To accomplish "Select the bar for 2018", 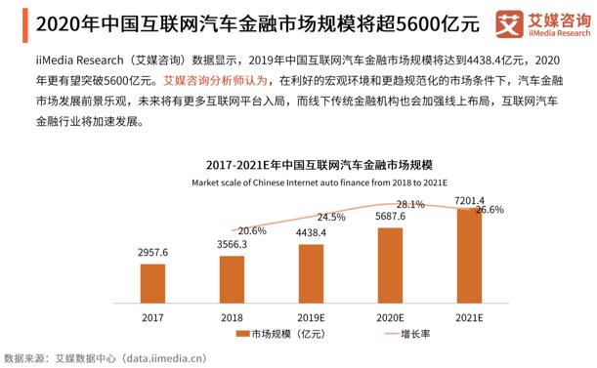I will tap(233, 279).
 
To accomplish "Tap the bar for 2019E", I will tap(311, 272).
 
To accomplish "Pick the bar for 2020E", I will tap(390, 265).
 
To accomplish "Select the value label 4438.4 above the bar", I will tap(311, 233).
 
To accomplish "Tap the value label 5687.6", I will tap(390, 218).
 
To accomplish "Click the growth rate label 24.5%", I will tap(330, 217).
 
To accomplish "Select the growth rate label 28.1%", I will tap(409, 204).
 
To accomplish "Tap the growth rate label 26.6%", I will tap(489, 210).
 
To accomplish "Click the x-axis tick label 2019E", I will tap(311, 317).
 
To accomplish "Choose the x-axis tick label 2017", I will tap(153, 317).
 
